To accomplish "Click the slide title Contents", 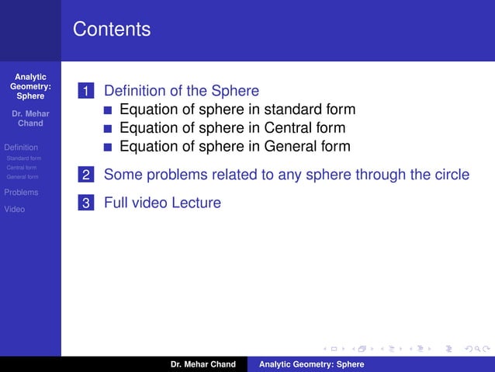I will (x=112, y=30).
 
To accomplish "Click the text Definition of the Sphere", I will (x=181, y=91).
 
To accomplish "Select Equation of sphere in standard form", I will (x=237, y=110).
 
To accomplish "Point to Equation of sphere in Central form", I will (x=232, y=128).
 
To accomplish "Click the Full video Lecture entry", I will (x=162, y=203).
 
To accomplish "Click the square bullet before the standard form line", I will (x=108, y=110).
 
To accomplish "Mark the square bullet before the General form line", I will (x=108, y=148).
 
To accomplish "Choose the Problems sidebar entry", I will (x=21, y=192).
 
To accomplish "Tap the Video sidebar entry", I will (x=15, y=209).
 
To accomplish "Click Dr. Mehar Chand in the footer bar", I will (x=203, y=364).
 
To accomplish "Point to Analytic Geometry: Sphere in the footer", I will (x=311, y=364).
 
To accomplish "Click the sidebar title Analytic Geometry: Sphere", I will (x=30, y=87).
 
